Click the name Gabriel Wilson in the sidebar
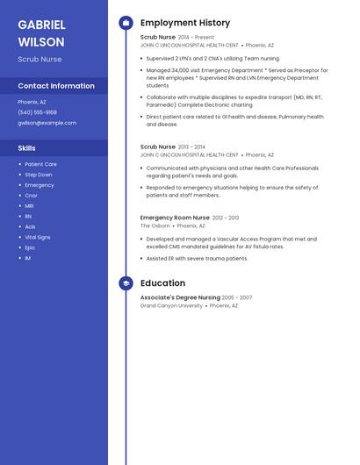click(x=41, y=32)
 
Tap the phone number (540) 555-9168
click(x=37, y=112)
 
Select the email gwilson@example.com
click(x=47, y=123)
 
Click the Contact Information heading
click(x=56, y=86)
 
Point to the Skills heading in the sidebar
click(x=26, y=148)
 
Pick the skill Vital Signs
click(x=38, y=237)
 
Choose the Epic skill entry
click(x=30, y=247)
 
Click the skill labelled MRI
click(x=29, y=205)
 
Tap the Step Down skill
click(x=39, y=175)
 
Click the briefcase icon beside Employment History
click(x=126, y=22)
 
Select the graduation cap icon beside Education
click(x=126, y=283)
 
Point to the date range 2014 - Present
click(x=196, y=38)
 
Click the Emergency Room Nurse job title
click(x=175, y=218)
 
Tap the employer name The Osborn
click(x=155, y=225)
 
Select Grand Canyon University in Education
click(x=171, y=306)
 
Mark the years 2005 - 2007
click(x=237, y=298)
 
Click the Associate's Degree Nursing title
click(x=180, y=298)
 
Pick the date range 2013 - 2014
click(x=191, y=147)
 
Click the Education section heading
click(x=162, y=283)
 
